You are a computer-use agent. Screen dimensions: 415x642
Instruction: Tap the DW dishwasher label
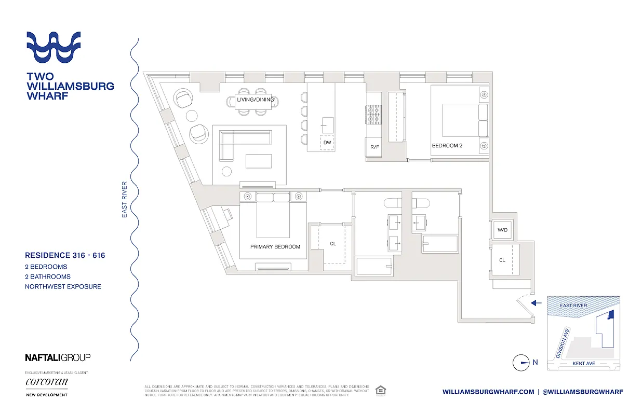pos(327,142)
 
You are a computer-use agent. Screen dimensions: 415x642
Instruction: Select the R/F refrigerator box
pos(374,147)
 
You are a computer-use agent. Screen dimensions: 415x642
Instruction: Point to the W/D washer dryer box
pos(502,230)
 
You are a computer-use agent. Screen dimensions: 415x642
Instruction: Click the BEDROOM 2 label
pos(447,146)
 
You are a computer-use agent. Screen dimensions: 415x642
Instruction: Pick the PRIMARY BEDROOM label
pos(275,247)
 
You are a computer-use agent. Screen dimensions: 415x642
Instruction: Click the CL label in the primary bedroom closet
pos(332,243)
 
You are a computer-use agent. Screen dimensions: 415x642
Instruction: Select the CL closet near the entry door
pos(502,260)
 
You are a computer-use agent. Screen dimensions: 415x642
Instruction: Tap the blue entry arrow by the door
pos(537,302)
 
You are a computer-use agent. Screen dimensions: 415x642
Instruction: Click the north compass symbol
pos(520,363)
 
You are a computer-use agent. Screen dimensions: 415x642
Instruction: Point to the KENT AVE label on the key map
pos(583,364)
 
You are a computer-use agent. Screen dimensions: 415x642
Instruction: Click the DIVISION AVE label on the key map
pos(563,343)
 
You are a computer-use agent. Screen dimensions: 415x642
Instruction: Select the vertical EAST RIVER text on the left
pos(125,199)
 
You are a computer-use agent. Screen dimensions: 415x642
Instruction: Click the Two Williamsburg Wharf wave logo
pos(53,47)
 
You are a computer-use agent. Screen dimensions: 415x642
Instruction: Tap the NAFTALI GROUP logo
pos(58,357)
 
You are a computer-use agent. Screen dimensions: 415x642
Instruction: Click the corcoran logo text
pos(46,382)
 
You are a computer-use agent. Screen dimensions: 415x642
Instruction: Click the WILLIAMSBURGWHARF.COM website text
pos(488,392)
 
